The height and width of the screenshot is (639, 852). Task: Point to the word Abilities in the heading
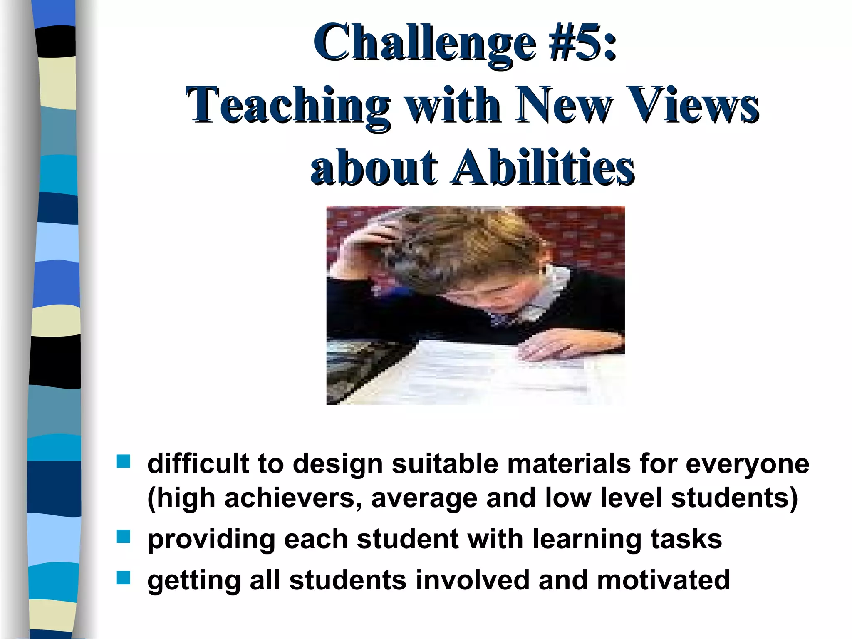543,167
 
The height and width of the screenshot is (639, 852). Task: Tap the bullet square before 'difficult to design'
124,461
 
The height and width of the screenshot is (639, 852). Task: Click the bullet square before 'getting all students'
124,578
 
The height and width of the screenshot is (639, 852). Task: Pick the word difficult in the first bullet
198,463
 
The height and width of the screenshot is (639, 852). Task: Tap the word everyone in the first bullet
747,463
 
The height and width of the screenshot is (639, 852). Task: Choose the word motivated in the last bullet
663,580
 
